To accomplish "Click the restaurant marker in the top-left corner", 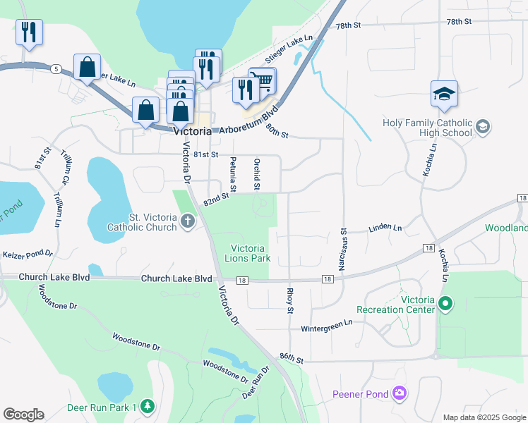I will click(x=29, y=32).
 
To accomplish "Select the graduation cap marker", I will click(x=444, y=94).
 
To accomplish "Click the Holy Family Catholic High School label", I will click(x=427, y=128).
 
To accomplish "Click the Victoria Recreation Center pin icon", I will click(x=445, y=305).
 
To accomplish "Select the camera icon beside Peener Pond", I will click(x=400, y=392).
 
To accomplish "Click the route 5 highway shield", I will click(x=55, y=68).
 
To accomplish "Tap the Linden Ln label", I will click(x=385, y=228).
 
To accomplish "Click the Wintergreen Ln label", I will click(x=326, y=326).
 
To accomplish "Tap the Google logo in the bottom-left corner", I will click(x=23, y=415).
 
